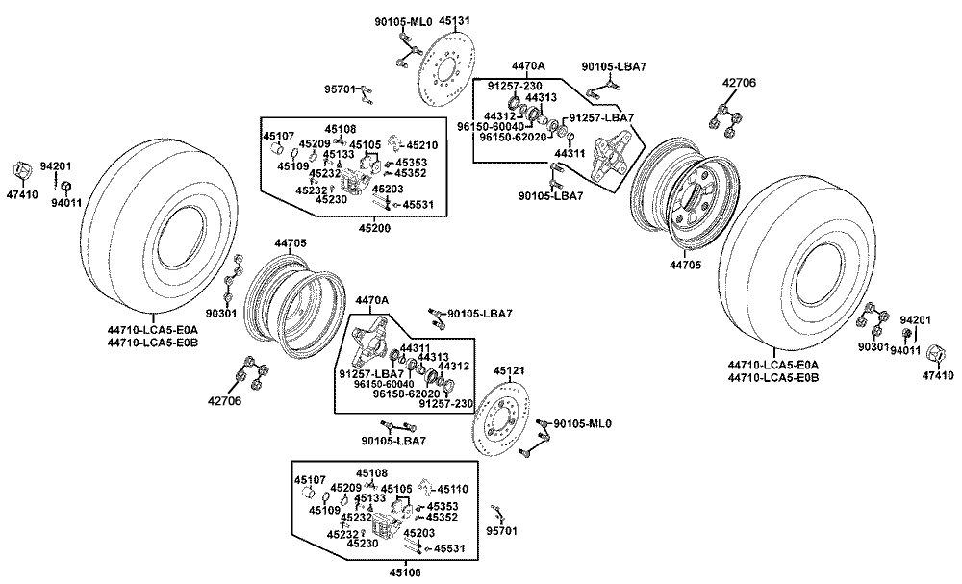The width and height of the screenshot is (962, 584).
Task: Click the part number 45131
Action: [x=454, y=19]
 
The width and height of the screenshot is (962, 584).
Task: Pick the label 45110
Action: [x=452, y=489]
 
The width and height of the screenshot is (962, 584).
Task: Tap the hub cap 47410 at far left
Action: [x=21, y=171]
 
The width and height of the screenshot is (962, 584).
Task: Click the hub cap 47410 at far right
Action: [x=934, y=353]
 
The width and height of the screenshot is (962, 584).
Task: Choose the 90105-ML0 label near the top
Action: [x=403, y=20]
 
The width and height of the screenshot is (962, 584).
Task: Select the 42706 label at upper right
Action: [x=739, y=84]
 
